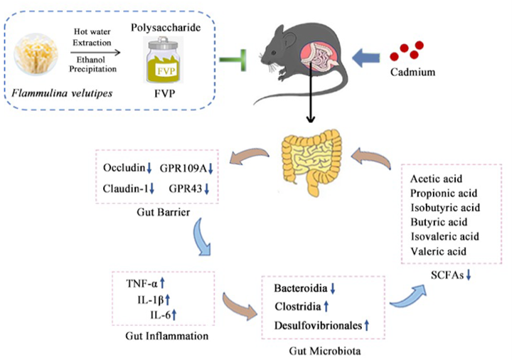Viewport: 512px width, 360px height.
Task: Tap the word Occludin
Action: click(x=123, y=167)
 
